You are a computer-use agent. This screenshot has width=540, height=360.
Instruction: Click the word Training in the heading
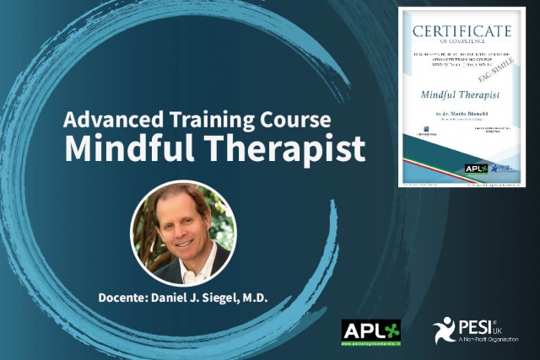click(206, 119)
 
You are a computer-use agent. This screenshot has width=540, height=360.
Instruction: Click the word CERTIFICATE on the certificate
click(462, 31)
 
